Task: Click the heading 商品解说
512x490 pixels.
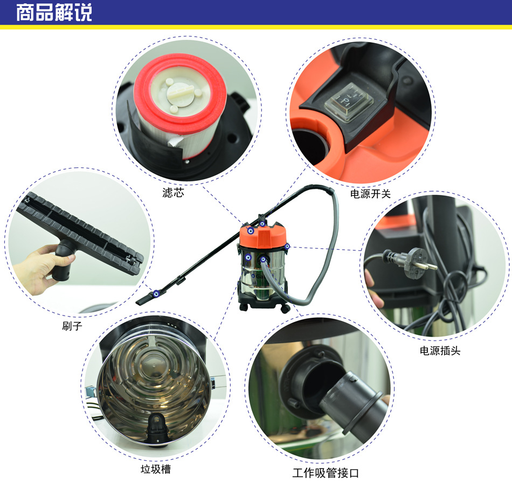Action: (x=54, y=13)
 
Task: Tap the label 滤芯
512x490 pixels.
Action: (x=173, y=193)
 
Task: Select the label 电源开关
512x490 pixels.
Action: (x=370, y=194)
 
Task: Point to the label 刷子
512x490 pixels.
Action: (x=72, y=326)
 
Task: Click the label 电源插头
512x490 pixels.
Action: (x=440, y=351)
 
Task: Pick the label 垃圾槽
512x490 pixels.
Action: (x=156, y=470)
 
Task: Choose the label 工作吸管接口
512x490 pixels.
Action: (x=326, y=473)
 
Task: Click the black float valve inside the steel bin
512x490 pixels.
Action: (x=157, y=427)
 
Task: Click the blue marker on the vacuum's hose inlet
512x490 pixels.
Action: (x=263, y=260)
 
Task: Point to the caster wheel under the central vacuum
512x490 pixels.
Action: (x=285, y=309)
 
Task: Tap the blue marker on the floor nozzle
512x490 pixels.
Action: (x=156, y=293)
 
